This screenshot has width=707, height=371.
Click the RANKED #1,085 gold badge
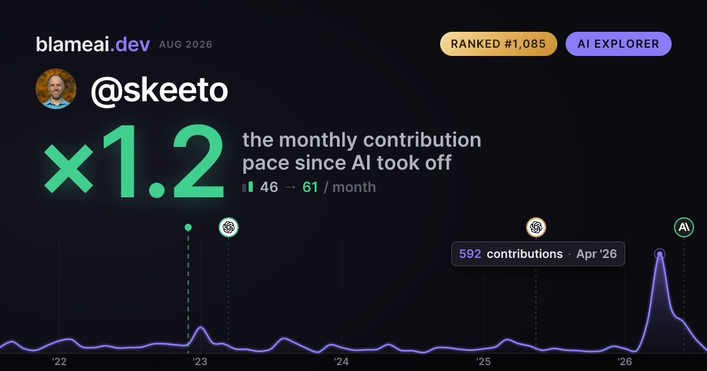pos(498,44)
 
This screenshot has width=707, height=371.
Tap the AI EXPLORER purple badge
pos(618,44)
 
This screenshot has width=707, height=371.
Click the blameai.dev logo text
pos(93,44)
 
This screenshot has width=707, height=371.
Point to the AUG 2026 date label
pos(186,45)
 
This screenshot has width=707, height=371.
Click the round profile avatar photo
pos(56,89)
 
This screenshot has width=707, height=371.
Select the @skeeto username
pos(160,91)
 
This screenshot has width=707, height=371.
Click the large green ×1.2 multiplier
pos(134,161)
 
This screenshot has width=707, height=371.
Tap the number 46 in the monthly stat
pos(269,187)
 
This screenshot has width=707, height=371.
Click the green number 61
pos(310,187)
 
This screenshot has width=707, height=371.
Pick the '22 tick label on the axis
pos(59,362)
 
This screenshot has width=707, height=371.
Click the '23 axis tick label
pos(200,362)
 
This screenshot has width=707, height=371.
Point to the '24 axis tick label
pos(342,362)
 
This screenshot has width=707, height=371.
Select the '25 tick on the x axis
pos(483,362)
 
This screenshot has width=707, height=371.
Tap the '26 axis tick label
pos(625,362)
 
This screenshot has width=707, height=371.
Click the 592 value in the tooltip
pos(470,254)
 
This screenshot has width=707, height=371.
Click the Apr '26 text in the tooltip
pos(596,254)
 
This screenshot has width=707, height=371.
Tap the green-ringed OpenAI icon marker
pos(229,227)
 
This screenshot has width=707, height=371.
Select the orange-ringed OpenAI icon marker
pos(536,227)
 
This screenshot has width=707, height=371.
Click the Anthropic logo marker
pos(684,227)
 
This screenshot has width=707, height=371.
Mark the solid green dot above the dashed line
pos(188,227)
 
